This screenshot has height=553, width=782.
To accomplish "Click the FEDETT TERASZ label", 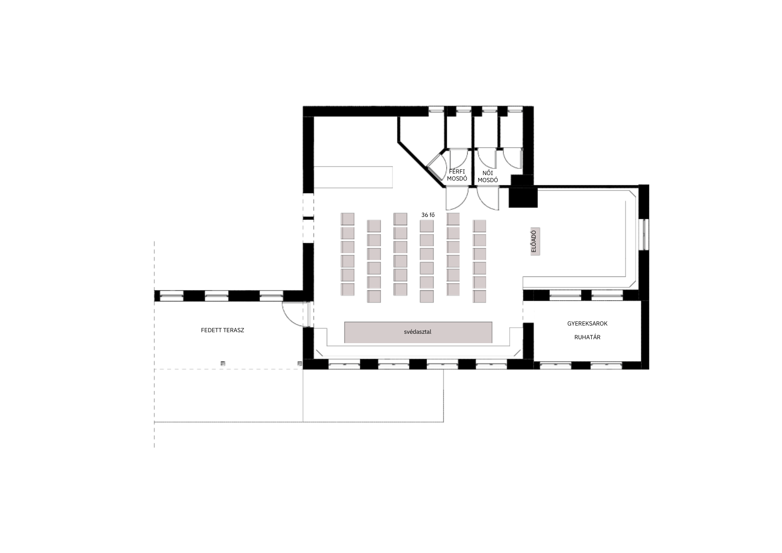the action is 222,330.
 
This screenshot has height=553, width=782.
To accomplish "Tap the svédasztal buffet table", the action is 418,332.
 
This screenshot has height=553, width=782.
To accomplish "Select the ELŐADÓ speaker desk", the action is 535,241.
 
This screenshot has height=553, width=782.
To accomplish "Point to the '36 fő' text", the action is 428,215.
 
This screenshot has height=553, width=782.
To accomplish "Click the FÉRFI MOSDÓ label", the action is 457,175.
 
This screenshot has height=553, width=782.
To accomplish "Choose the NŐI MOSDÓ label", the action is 488,177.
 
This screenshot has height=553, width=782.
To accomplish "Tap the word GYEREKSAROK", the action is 587,324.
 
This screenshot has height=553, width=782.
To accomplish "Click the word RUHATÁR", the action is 587,337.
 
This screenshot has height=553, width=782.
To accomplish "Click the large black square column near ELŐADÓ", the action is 523,198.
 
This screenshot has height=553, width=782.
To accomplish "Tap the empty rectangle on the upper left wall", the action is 353,177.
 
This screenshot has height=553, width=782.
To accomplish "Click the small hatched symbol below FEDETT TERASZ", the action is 223,363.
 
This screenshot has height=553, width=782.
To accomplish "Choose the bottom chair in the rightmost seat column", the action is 479,297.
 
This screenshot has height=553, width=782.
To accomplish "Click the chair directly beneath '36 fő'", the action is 427,226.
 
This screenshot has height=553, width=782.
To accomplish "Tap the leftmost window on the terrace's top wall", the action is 172,296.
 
